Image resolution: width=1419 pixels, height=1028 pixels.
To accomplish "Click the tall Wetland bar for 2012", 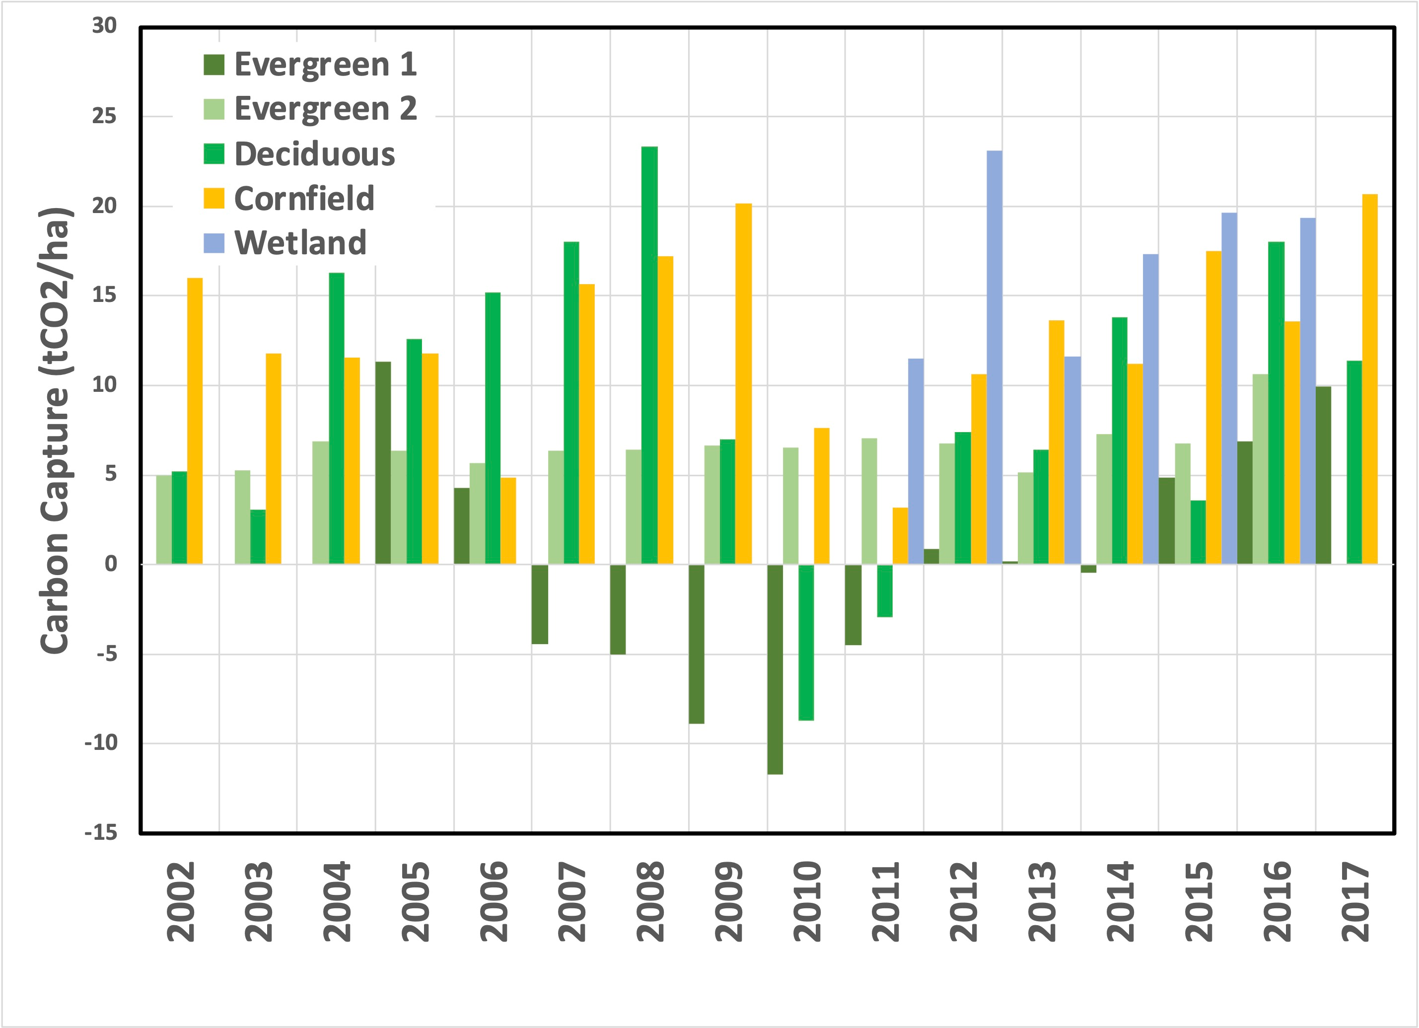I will click(x=994, y=357).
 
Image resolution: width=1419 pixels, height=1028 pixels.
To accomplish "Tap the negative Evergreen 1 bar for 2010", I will click(x=775, y=669).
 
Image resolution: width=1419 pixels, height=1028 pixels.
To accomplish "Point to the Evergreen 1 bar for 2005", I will click(x=383, y=462).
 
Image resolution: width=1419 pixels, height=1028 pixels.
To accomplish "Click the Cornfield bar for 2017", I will click(x=1369, y=378).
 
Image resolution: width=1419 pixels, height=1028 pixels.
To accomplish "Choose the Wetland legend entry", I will click(x=285, y=243).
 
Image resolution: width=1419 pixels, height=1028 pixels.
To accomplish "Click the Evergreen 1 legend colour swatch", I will click(x=214, y=65).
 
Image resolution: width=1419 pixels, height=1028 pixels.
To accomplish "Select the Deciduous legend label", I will click(x=315, y=154).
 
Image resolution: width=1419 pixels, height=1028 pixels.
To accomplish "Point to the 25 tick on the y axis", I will click(x=104, y=116).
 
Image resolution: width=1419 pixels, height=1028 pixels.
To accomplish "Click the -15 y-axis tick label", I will click(x=101, y=833).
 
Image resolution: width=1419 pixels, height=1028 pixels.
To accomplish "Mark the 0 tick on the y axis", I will click(x=111, y=564).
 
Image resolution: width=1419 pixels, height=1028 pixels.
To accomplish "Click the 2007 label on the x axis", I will click(x=572, y=901).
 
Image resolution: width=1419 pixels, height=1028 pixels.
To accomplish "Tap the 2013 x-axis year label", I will click(x=1042, y=901).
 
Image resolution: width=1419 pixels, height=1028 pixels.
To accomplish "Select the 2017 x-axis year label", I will click(x=1355, y=901).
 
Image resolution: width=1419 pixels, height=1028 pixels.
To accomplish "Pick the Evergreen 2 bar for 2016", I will click(x=1260, y=469).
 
